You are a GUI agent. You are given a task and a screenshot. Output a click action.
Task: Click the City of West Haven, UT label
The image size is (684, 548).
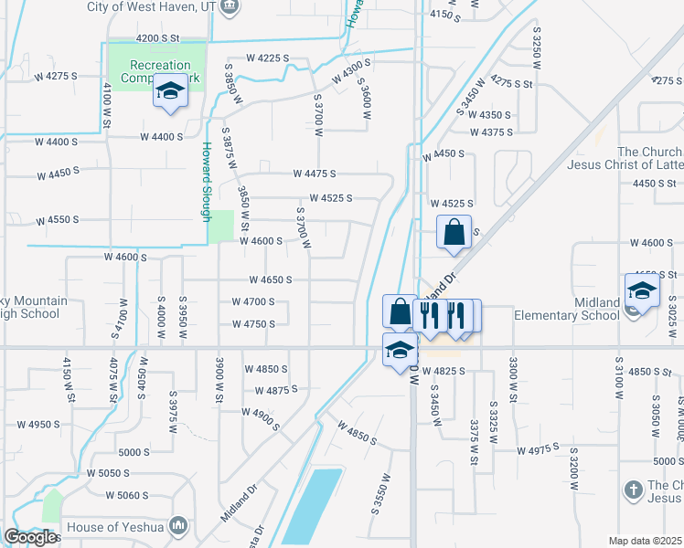[x=153, y=6]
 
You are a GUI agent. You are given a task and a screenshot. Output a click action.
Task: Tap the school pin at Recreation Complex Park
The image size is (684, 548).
[x=170, y=93]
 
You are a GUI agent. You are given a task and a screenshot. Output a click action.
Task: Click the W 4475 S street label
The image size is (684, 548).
[x=315, y=174]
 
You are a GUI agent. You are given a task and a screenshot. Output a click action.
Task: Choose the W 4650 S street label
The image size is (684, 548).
[x=271, y=280]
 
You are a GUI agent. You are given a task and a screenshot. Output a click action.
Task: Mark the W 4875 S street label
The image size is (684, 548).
[x=277, y=391]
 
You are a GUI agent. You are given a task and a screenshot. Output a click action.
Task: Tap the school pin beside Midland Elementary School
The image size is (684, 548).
[x=642, y=292]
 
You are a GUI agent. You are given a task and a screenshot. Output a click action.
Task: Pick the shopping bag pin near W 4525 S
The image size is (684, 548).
[x=454, y=234]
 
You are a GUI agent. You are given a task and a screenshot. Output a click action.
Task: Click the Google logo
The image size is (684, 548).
[x=30, y=537]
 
